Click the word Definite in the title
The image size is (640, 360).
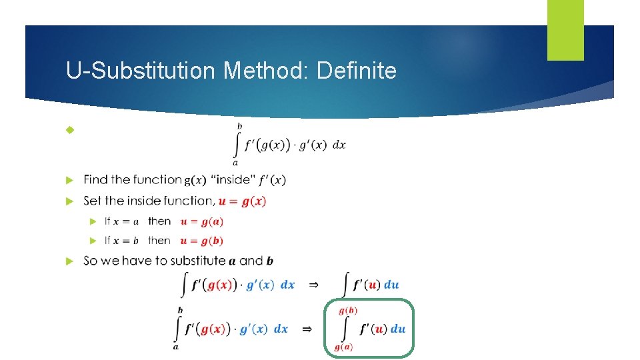[x=357, y=70]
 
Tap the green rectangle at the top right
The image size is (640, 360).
[x=565, y=30]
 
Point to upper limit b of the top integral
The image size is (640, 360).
[x=240, y=125]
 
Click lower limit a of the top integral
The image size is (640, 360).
[x=235, y=162]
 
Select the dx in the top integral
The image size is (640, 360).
[x=339, y=145]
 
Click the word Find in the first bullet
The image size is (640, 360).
[x=96, y=180]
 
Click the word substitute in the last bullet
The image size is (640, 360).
[x=197, y=261]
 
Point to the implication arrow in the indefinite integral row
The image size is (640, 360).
[x=313, y=285]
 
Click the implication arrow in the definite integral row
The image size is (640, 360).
[x=307, y=329]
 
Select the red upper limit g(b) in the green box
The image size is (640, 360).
[x=348, y=311]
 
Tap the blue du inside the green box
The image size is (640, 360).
[x=397, y=329]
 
